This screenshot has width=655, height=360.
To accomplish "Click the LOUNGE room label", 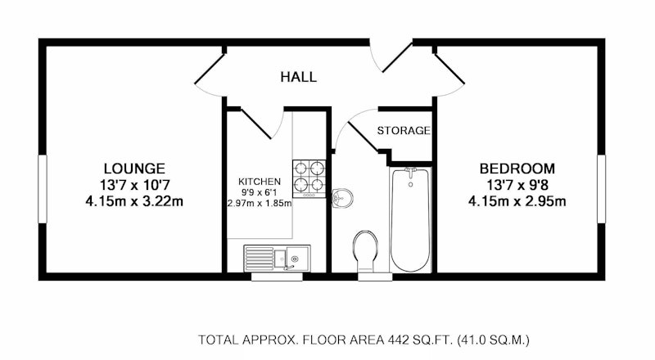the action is pyautogui.click(x=134, y=169).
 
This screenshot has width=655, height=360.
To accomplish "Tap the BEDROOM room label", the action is pyautogui.click(x=517, y=169).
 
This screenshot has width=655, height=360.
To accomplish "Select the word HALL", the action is pyautogui.click(x=298, y=77).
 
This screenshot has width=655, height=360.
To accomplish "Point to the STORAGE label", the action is pyautogui.click(x=404, y=131).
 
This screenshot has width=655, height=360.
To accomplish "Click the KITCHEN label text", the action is pyautogui.click(x=260, y=182).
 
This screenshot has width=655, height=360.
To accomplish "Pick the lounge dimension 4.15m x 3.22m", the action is pyautogui.click(x=134, y=202).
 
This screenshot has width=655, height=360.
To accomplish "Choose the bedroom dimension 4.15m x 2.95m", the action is pyautogui.click(x=517, y=202).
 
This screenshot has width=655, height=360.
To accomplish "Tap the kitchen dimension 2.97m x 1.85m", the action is pyautogui.click(x=260, y=204).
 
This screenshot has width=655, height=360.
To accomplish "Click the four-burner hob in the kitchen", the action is pyautogui.click(x=309, y=178).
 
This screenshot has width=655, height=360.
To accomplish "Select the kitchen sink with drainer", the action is pyautogui.click(x=277, y=258).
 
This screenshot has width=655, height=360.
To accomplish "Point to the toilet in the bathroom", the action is pyautogui.click(x=365, y=250).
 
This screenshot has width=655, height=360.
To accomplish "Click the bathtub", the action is pyautogui.click(x=410, y=219).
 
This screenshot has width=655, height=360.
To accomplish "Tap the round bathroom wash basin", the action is pyautogui.click(x=342, y=197).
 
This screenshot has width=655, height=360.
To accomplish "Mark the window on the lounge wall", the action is pyautogui.click(x=43, y=189).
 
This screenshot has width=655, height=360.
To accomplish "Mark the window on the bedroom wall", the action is pyautogui.click(x=601, y=189).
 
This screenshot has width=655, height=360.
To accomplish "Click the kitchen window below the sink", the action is pyautogui.click(x=277, y=277).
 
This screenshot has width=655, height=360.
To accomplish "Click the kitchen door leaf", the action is pyautogui.click(x=256, y=124).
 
